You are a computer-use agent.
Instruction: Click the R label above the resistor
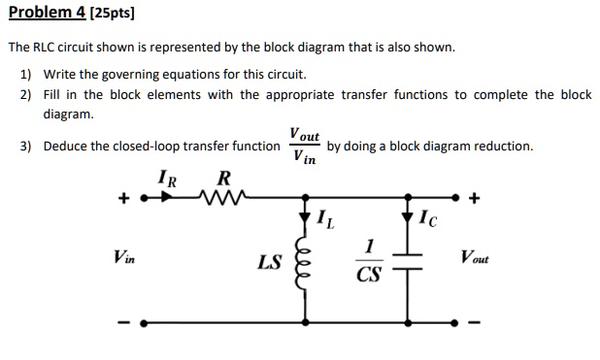224,179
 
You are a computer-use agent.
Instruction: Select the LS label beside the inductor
269,261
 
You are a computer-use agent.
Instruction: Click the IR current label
166,179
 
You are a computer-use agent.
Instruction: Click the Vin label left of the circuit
123,257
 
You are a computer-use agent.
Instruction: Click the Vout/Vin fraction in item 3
303,147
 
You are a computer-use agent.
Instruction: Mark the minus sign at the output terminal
473,323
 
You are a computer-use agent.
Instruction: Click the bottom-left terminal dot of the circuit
143,322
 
